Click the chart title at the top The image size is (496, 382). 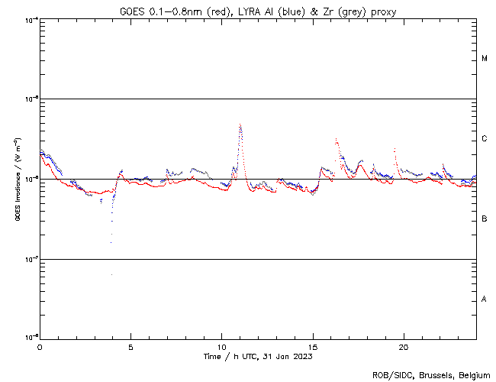(258, 10)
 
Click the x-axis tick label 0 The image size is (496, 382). (40, 345)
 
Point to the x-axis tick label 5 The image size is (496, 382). (130, 345)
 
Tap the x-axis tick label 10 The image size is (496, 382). (221, 345)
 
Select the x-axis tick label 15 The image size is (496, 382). (313, 345)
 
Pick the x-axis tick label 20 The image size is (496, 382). (404, 345)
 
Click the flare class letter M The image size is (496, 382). (485, 59)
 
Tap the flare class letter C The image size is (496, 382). (485, 139)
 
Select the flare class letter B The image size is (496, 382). (485, 219)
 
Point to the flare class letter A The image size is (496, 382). (485, 299)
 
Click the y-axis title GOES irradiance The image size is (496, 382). (17, 180)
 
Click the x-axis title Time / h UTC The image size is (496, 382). (258, 356)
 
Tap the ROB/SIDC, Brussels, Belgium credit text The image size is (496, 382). (433, 374)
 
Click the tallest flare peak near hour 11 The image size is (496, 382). (240, 124)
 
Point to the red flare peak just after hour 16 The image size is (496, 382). (336, 139)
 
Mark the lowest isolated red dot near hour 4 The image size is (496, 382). (111, 274)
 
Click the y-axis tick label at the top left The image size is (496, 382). (31, 19)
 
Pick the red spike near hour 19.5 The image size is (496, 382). (395, 149)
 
